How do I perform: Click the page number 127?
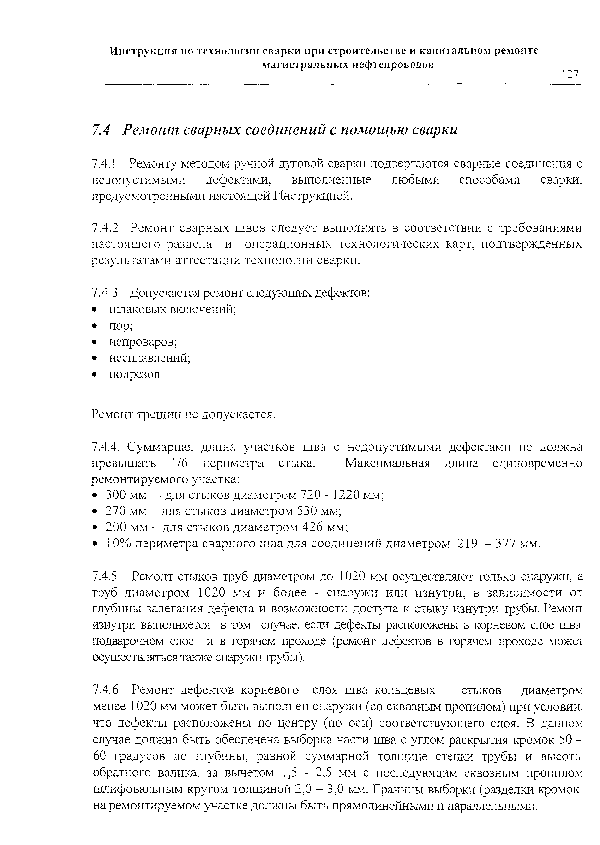(570, 74)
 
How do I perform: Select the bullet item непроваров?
(143, 342)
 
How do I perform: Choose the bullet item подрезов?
(134, 375)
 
